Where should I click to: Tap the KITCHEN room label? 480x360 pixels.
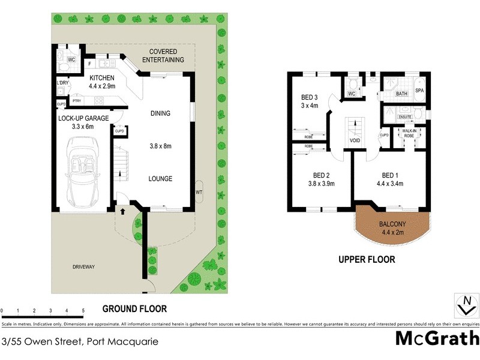tap(101, 78)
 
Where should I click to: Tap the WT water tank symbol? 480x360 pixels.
tap(199, 192)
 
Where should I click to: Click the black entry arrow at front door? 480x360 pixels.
tap(122, 211)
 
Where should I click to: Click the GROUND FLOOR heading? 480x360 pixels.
tap(134, 309)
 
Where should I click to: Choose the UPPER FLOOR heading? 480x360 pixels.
tap(367, 260)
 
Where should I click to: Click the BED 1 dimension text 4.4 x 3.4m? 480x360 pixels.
tap(391, 184)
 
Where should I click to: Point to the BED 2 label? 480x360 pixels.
tap(319, 175)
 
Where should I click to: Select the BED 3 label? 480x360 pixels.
tap(309, 97)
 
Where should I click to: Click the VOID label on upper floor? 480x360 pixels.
tap(355, 142)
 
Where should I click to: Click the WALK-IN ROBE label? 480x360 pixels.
tap(409, 133)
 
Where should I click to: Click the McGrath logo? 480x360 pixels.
tap(437, 338)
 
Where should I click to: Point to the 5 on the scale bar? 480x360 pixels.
tap(83, 311)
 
